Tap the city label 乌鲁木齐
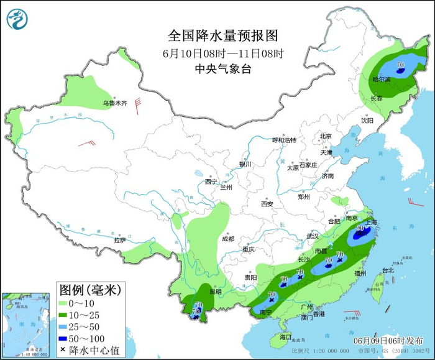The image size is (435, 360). pyautogui.click(x=114, y=103)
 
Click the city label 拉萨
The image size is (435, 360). pyautogui.click(x=120, y=240)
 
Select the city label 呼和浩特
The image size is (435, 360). pyautogui.click(x=285, y=140)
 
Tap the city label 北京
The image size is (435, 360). pyautogui.click(x=326, y=136)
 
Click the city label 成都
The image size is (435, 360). pyautogui.click(x=227, y=239)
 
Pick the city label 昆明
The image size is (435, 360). pyautogui.click(x=215, y=291)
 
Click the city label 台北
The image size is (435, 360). pyautogui.click(x=388, y=270)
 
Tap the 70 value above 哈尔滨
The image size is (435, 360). pyautogui.click(x=400, y=64)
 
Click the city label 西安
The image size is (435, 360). pyautogui.click(x=267, y=203)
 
